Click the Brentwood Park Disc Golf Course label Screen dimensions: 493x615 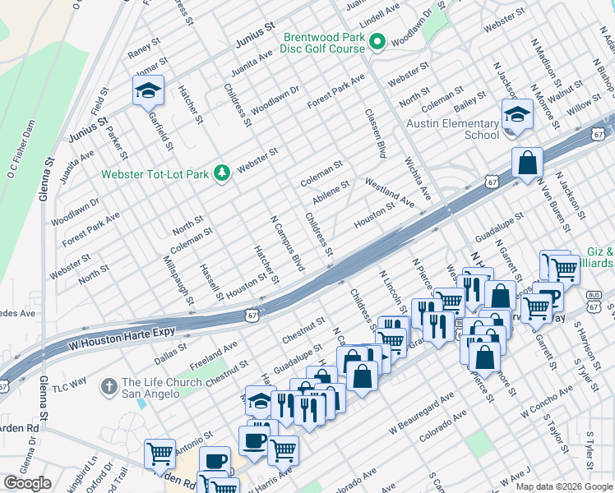pos(324,43)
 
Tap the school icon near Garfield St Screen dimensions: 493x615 pos(148,90)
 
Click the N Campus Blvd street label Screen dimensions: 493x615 pos(288,243)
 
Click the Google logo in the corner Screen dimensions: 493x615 pos(27,483)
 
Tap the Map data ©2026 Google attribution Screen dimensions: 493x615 pos(563,486)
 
